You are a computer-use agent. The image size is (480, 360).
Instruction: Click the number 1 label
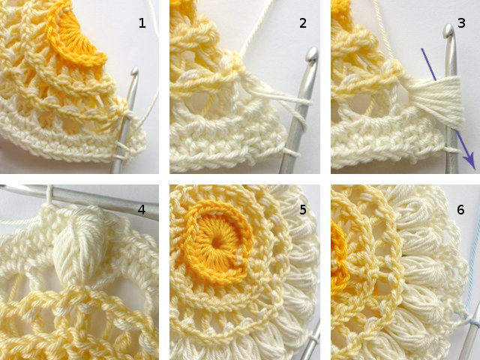click(142, 23)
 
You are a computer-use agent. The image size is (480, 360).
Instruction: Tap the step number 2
click(303, 23)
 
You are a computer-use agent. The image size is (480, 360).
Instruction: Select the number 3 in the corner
click(461, 23)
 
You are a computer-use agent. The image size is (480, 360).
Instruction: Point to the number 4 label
click(142, 210)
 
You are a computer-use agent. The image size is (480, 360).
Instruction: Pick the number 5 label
click(303, 210)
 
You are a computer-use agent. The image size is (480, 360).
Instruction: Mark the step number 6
click(461, 210)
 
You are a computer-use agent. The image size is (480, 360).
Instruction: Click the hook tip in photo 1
click(134, 73)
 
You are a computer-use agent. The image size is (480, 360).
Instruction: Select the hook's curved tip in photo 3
click(448, 31)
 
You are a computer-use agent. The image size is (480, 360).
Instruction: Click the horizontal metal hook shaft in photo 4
click(97, 202)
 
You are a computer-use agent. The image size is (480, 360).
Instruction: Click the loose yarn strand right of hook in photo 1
click(150, 105)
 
